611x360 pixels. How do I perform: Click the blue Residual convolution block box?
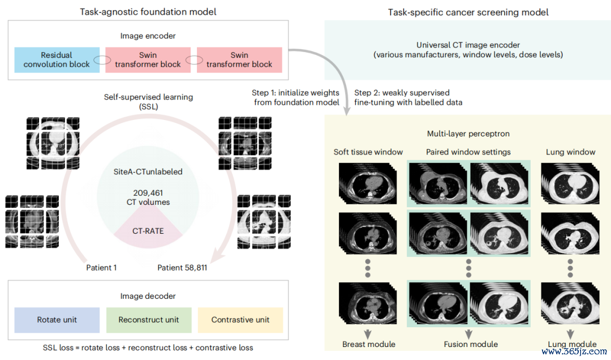[x=57, y=59]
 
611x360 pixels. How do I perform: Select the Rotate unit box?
[x=57, y=320]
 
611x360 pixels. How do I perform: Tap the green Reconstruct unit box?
[x=149, y=320]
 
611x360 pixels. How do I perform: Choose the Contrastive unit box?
[x=240, y=320]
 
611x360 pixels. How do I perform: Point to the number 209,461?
[x=148, y=192]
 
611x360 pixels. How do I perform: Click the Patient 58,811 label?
[x=182, y=268]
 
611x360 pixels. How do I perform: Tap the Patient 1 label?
[x=101, y=268]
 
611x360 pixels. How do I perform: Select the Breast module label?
[x=369, y=344]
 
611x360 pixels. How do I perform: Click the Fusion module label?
[x=471, y=344]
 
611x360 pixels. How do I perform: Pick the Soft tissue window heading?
[x=368, y=152]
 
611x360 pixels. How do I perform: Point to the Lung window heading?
[x=570, y=152]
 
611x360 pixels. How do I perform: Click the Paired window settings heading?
[x=468, y=152]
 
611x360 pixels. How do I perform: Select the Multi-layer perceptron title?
[x=468, y=134]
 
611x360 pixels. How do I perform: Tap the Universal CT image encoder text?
[x=468, y=45]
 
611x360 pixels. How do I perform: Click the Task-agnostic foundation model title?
[x=148, y=12]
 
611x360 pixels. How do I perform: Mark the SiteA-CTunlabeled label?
[x=148, y=172]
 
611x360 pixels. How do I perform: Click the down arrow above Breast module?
[x=368, y=335]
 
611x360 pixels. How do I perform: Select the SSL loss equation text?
[x=148, y=348]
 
